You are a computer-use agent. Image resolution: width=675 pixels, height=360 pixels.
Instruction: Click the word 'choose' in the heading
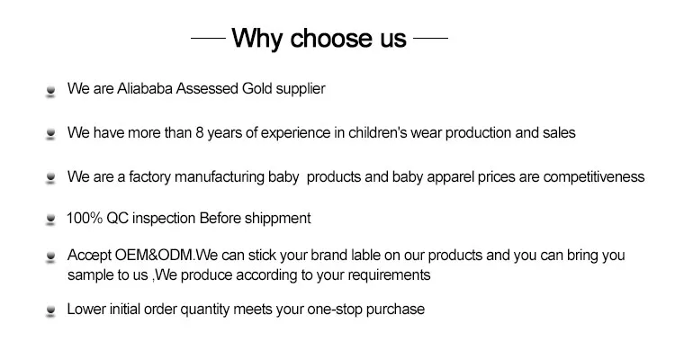(331, 38)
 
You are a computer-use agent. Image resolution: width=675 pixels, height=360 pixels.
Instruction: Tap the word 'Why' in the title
(256, 40)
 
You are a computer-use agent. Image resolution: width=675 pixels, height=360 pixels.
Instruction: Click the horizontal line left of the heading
(209, 39)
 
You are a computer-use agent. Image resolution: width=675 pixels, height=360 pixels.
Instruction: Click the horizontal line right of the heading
(430, 39)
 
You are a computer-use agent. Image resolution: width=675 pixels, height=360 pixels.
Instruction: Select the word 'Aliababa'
(145, 89)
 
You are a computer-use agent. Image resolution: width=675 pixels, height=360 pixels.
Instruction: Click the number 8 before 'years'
(199, 132)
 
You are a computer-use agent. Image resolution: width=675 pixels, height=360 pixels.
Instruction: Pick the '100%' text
(85, 219)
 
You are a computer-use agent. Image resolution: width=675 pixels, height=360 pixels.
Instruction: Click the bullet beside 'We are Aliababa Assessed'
(50, 91)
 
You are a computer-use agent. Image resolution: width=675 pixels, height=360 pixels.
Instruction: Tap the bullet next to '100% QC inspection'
(50, 220)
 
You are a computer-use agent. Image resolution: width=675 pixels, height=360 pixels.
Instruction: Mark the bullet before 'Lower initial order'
(50, 310)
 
